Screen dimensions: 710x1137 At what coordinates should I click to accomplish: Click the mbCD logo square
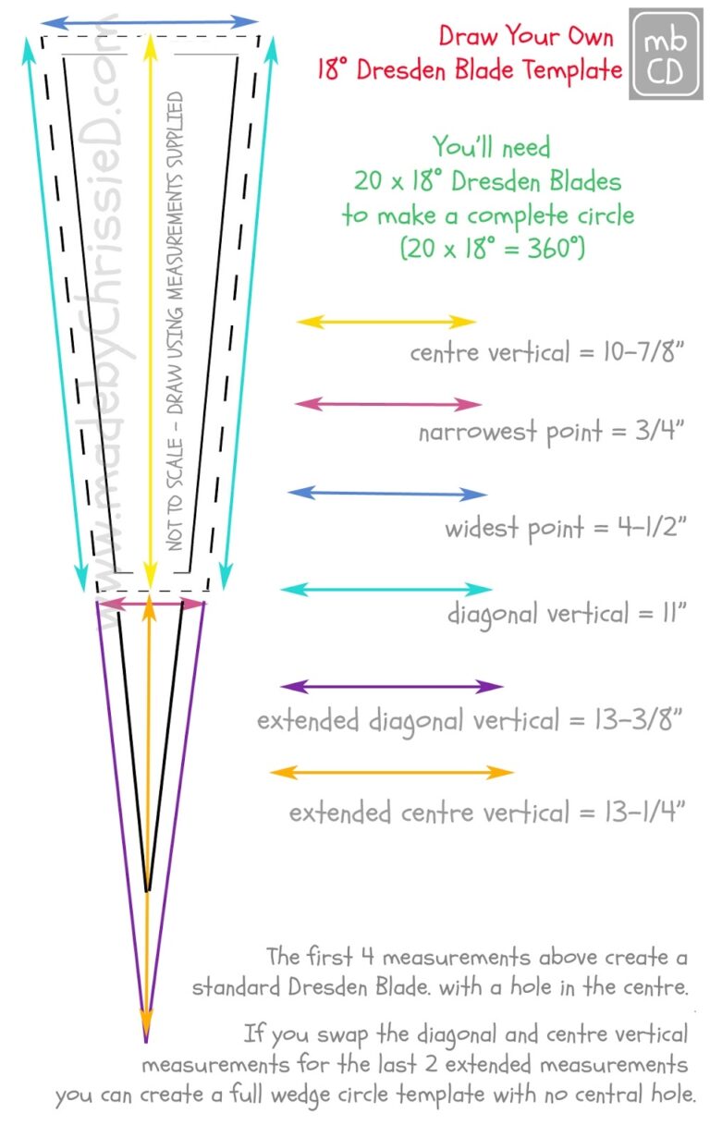point(666,54)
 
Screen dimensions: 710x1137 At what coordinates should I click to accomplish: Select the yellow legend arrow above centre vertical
point(386,322)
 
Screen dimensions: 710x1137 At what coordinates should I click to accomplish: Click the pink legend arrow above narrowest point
point(388,405)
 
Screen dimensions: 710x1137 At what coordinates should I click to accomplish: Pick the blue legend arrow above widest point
point(387,494)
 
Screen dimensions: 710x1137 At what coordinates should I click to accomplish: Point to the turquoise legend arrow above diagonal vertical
point(386,590)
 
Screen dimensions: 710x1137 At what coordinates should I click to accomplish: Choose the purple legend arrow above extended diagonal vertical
point(392,687)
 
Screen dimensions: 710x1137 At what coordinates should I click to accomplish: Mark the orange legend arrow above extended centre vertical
point(392,773)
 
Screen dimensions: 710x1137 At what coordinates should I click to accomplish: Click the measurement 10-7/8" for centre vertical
point(643,351)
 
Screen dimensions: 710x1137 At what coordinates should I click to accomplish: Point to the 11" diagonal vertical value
point(674,613)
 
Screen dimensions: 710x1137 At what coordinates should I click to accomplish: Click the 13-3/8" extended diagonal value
point(638,720)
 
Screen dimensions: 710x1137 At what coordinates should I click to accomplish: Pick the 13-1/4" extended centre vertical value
point(644,811)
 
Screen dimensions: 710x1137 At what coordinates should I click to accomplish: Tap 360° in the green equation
point(556,249)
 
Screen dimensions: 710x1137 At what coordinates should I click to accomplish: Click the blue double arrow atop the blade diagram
point(150,22)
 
